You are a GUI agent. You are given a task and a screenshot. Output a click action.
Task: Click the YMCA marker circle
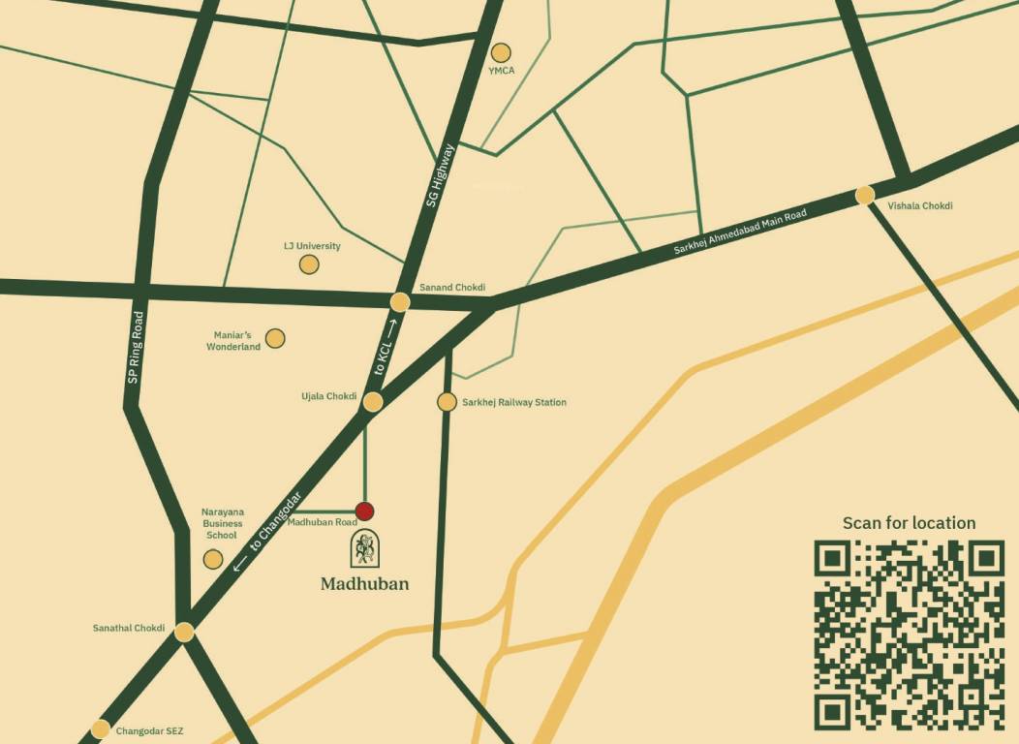click(x=501, y=52)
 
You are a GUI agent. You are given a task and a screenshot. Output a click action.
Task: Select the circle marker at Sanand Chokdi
click(x=400, y=302)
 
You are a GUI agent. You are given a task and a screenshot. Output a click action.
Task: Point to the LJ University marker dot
click(x=308, y=264)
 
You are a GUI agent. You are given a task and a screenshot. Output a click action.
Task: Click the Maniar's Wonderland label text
click(x=233, y=341)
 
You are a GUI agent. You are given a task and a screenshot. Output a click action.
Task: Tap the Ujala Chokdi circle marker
click(x=373, y=402)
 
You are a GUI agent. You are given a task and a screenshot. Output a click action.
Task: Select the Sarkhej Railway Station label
click(x=514, y=402)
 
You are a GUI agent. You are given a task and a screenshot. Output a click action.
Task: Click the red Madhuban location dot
click(x=364, y=511)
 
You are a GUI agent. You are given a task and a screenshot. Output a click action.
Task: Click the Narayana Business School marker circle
click(x=213, y=559)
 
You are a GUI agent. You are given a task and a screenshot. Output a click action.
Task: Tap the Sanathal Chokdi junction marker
click(x=184, y=632)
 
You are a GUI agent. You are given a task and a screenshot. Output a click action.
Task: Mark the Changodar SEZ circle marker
click(x=100, y=729)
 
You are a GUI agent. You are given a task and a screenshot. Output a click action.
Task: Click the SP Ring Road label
click(x=136, y=346)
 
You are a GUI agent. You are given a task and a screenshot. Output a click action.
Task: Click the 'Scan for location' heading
click(x=909, y=523)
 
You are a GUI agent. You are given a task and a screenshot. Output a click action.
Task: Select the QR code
click(x=909, y=635)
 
